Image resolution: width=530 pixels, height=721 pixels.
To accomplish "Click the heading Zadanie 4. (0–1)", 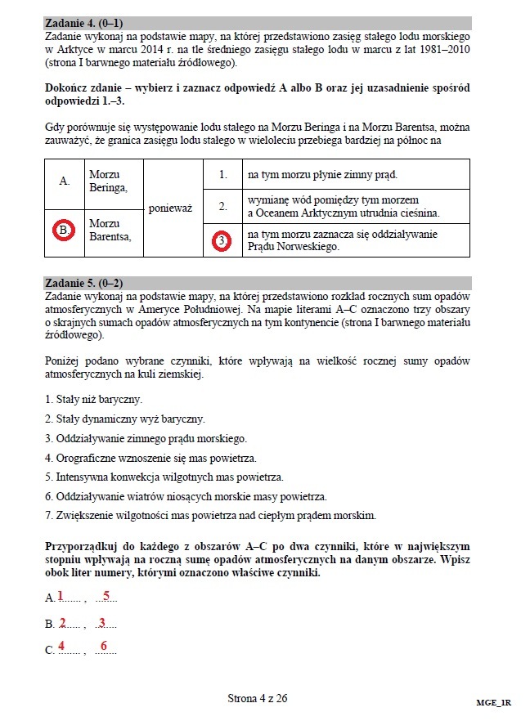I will pos(90,24).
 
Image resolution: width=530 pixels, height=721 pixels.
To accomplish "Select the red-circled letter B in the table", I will pos(64,231).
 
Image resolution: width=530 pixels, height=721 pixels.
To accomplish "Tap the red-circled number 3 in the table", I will pos(222,240).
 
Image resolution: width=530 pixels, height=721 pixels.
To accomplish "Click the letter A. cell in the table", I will pos(64,181).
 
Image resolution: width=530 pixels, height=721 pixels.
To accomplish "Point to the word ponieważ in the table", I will pos(170,208).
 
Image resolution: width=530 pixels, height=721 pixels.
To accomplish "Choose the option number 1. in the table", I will pos(222,175).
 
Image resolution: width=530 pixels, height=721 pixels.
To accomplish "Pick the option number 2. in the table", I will pos(222,207).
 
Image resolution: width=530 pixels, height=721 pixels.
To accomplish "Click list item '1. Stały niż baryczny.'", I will pos(94,399).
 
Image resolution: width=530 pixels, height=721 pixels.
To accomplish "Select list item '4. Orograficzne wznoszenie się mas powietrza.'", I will pos(151,458).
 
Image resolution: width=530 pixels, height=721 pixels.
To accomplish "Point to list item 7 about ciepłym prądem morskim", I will pos(210,516).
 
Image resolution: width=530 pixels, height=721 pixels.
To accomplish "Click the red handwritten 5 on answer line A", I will pos(106,596).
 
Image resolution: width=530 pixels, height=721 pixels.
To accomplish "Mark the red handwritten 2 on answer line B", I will pos(62,623).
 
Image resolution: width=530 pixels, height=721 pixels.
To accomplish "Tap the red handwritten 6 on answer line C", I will pos(104,647).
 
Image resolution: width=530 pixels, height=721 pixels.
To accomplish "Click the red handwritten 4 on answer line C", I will pos(61,647).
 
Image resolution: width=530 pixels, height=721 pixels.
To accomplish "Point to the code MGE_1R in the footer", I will pos(494,702).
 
